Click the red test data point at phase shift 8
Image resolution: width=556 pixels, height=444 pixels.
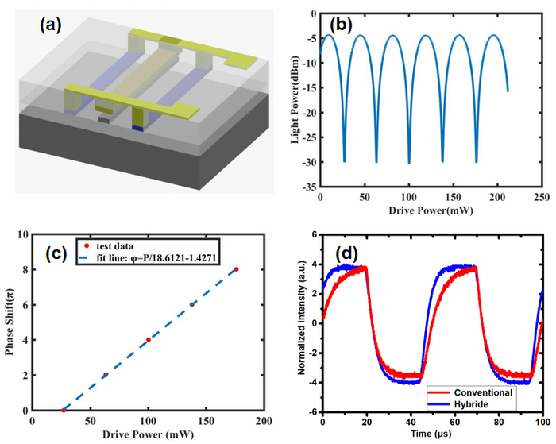tap(236, 270)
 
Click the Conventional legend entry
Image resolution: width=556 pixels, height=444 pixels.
tap(484, 391)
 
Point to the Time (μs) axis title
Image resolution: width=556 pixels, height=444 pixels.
tap(432, 435)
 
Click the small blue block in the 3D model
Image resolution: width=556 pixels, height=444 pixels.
tap(137, 126)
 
